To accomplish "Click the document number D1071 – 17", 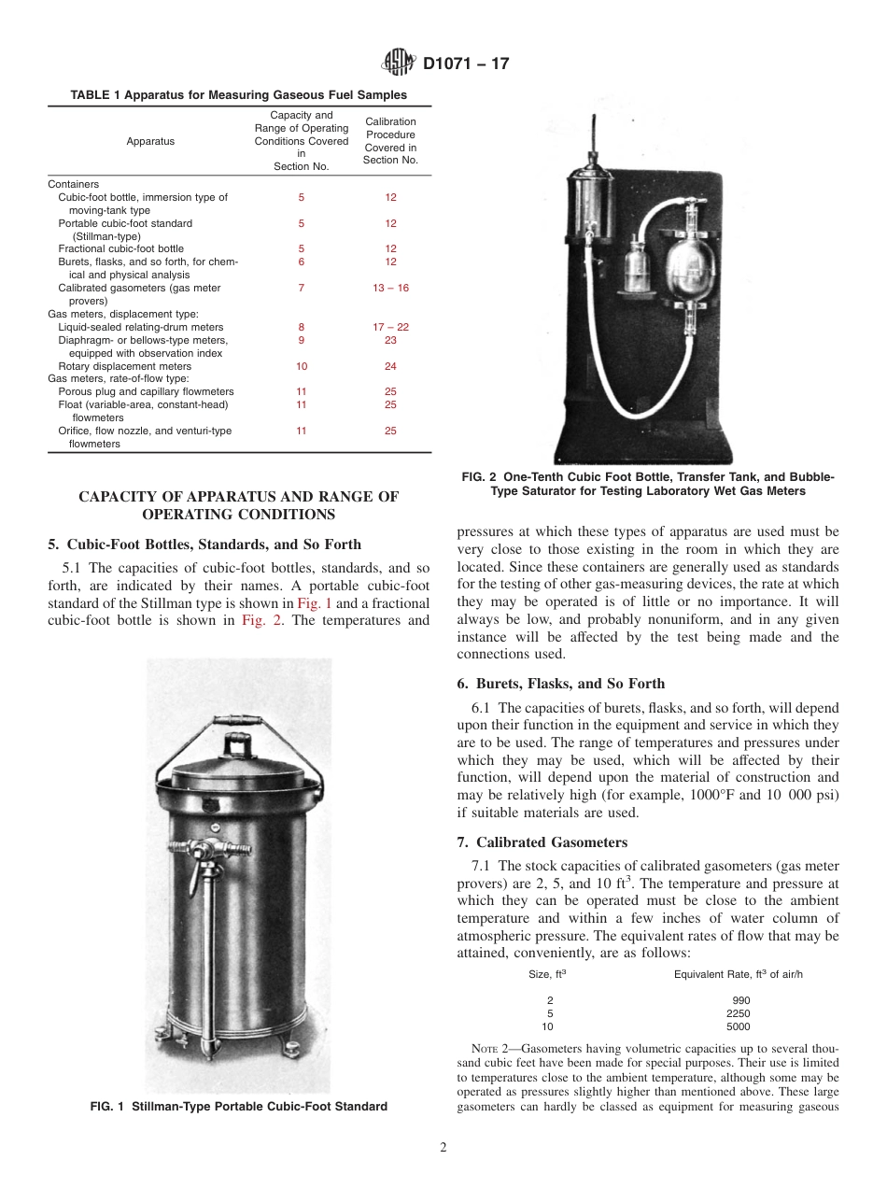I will pyautogui.click(x=466, y=64).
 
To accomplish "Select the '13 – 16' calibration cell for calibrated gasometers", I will pyautogui.click(x=390, y=288).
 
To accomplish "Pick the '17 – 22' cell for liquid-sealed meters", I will pyautogui.click(x=390, y=327).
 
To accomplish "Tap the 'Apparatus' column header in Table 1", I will pyautogui.click(x=150, y=141).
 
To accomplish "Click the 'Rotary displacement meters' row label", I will pyautogui.click(x=124, y=366).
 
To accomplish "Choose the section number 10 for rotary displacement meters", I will pyautogui.click(x=301, y=366).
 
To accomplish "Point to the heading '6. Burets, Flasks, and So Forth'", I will pyautogui.click(x=560, y=684).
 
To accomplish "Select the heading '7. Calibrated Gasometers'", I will pyautogui.click(x=542, y=841).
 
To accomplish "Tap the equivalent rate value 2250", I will pyautogui.click(x=738, y=1012).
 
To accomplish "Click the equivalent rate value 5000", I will pyautogui.click(x=738, y=1025).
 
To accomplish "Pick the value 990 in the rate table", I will pyautogui.click(x=741, y=999).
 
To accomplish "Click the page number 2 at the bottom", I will pyautogui.click(x=443, y=1148).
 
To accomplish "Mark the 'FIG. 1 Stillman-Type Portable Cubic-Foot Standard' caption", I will pyautogui.click(x=238, y=1107).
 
